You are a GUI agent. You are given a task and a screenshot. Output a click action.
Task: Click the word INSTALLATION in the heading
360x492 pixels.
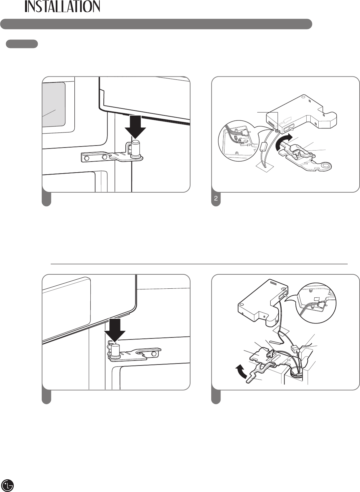[62, 6]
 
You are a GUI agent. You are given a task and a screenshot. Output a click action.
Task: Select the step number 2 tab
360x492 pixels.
[216, 198]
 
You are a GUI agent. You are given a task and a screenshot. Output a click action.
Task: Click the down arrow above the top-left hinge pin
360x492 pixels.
[135, 127]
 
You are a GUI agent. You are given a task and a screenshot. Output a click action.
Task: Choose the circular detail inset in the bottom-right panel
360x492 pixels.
[316, 303]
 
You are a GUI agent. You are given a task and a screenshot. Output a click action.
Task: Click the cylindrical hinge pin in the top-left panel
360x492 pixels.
[136, 148]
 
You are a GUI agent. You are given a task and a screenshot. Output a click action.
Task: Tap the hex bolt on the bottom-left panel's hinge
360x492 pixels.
[154, 354]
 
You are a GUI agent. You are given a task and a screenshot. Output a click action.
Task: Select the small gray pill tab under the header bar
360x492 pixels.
[22, 44]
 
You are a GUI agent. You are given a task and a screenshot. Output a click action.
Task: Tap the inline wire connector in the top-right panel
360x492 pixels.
[263, 147]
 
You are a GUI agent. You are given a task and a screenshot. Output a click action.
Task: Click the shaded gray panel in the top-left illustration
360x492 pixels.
[54, 104]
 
